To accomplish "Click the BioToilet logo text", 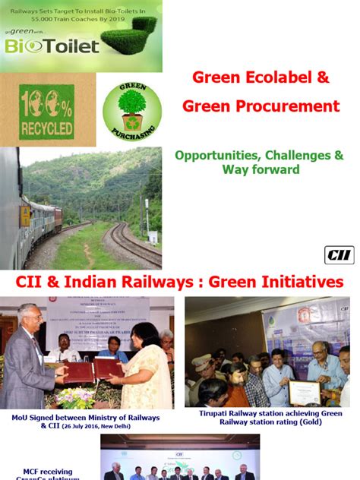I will pyautogui.click(x=51, y=46).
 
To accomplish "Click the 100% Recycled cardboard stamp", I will pyautogui.click(x=47, y=110).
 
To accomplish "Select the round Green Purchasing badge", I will pyautogui.click(x=132, y=109).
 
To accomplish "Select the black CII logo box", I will pyautogui.click(x=339, y=255).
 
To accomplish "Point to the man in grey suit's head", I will pyautogui.click(x=27, y=317).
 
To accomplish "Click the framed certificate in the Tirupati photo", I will pyautogui.click(x=303, y=393).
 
